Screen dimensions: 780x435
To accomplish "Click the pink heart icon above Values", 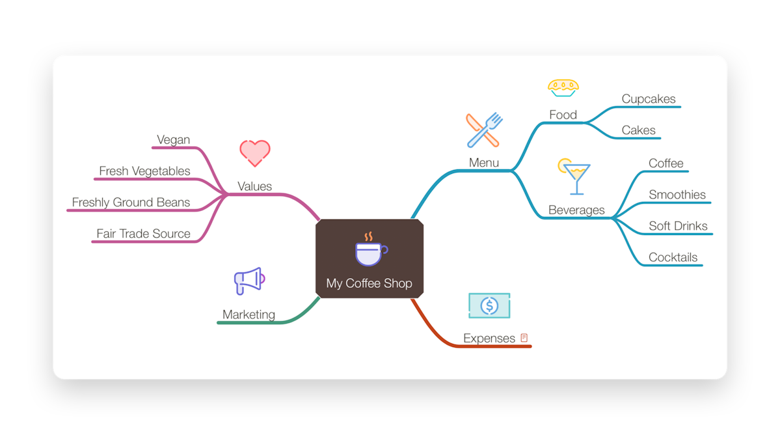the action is click(x=255, y=153).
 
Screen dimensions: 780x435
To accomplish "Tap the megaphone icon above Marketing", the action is click(x=249, y=281).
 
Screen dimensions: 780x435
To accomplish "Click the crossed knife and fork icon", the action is click(x=484, y=130).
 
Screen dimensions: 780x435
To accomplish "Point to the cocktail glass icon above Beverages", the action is click(x=574, y=176).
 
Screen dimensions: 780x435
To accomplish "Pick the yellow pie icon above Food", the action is click(x=563, y=88).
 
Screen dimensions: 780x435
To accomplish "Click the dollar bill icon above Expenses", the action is click(x=489, y=305).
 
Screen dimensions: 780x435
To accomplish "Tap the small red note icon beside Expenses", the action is click(x=524, y=338).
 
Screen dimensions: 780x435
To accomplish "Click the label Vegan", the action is click(x=173, y=139).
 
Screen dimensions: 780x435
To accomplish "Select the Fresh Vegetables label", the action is click(x=144, y=171).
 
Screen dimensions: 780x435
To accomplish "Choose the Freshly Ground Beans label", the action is click(x=131, y=202).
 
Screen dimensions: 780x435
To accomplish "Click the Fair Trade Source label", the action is click(x=143, y=233).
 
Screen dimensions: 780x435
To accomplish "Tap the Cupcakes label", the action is click(x=648, y=99).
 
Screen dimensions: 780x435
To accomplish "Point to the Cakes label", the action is click(x=638, y=130).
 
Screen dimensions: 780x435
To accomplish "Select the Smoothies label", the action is click(x=677, y=195).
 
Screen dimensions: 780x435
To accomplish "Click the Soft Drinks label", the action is click(x=678, y=226).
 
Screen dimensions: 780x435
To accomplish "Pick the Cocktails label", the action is click(x=673, y=257).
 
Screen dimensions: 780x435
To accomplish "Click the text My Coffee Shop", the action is click(x=369, y=283).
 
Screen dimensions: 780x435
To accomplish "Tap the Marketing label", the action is click(x=249, y=315).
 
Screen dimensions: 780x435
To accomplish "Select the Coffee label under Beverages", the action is click(x=666, y=163).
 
